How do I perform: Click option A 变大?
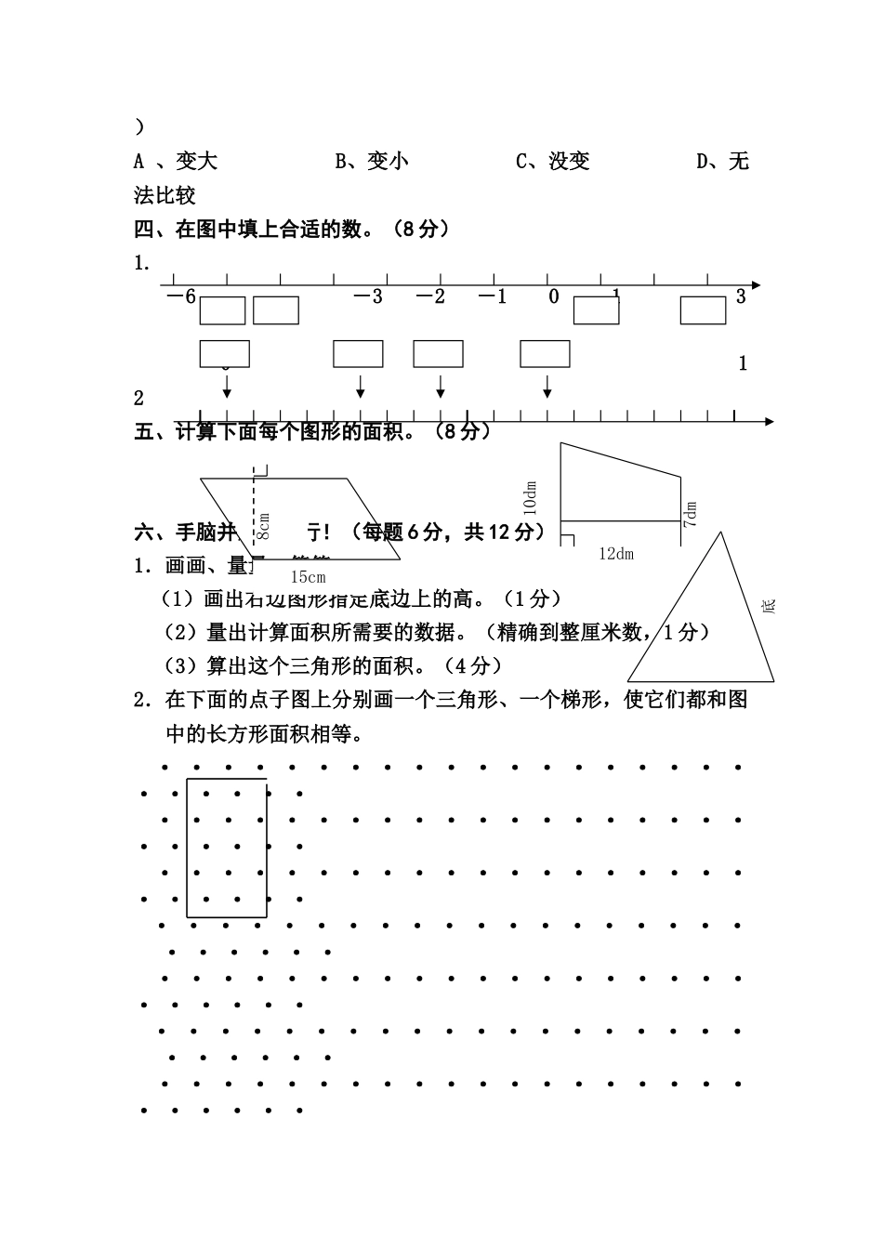pos(176,162)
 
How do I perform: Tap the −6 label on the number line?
pos(180,296)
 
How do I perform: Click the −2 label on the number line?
pos(430,296)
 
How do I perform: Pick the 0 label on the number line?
pos(554,296)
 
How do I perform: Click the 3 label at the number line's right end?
pos(741,296)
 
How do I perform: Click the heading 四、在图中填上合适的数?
pos(293,229)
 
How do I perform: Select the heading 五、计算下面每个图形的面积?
pos(311,431)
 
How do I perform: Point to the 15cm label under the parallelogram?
pos(307,576)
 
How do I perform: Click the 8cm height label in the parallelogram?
pos(263,526)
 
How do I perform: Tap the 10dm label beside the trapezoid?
pos(530,498)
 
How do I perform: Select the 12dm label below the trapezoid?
pos(616,554)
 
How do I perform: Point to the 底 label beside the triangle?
pos(768,606)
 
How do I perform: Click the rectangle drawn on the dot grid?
pos(227,848)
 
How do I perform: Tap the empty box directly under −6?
pos(223,310)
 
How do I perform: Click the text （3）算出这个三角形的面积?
pos(332,665)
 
